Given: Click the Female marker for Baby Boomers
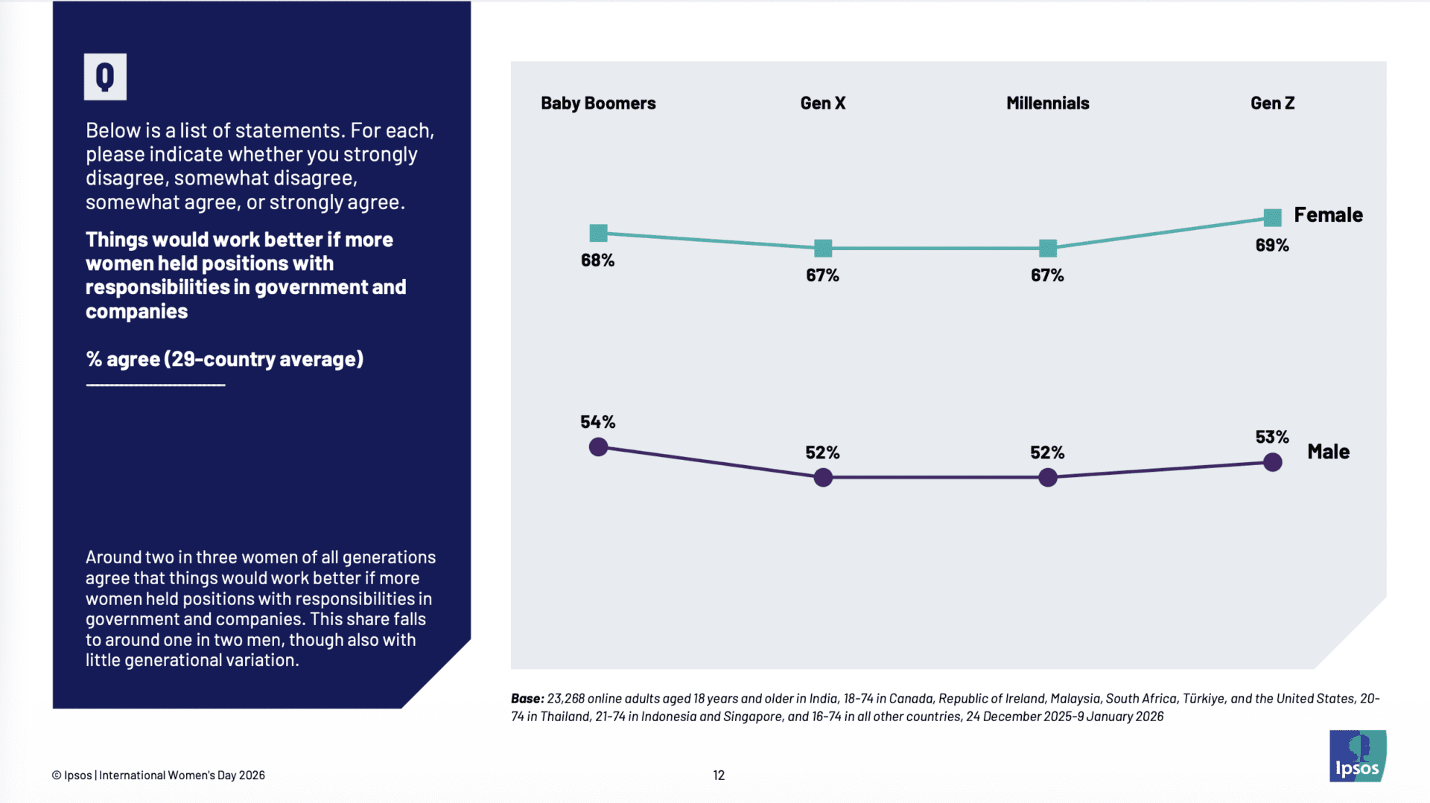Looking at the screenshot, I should pos(598,233).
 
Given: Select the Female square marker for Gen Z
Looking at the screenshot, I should pos(1272,217).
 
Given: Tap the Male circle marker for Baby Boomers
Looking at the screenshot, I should pos(598,447).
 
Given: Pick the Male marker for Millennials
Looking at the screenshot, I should pos(1047,477).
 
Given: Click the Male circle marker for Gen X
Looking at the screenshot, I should pos(823,477).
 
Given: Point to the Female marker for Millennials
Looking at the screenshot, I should pos(1047,248).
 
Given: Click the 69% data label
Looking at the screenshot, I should pos(1271,246).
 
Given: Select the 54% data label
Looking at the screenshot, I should pos(597,422).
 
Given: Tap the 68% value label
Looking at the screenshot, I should pos(597,260).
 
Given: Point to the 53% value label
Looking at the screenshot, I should pos(1271,437).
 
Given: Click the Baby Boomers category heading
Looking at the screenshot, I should pos(598,103).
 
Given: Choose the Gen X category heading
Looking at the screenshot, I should pos(823,103).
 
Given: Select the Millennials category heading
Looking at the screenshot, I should pos(1047,103).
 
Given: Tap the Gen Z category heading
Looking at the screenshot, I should pos(1272,103).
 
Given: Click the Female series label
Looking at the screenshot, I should pos(1328,215).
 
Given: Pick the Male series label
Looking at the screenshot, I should pos(1328,452).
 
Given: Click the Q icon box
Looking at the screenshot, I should pos(105,77).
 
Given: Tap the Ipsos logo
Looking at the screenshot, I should pos(1357,756).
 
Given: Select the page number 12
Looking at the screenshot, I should pos(719,775).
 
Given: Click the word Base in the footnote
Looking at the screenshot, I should pos(527,699).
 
